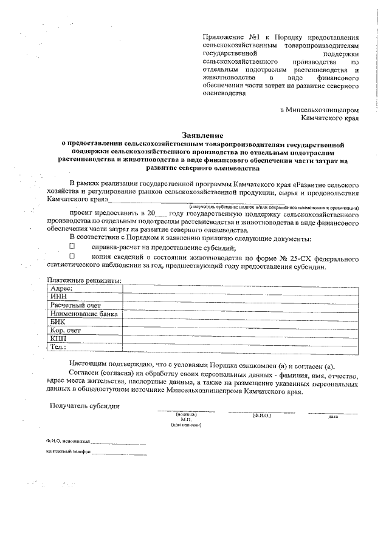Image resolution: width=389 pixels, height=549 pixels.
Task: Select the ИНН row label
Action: click(59, 296)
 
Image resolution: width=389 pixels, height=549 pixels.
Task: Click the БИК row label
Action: click(58, 322)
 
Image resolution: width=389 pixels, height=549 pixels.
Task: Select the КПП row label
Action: click(59, 339)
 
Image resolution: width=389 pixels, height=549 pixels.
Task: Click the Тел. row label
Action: click(58, 348)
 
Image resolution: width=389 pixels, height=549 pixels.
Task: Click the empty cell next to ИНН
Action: click(237, 296)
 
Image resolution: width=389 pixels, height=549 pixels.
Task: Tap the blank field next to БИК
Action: click(237, 322)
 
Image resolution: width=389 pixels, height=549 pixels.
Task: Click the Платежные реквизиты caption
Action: click(84, 280)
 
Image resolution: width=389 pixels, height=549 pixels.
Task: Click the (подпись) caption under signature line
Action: click(186, 414)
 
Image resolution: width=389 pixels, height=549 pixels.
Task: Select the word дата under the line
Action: click(332, 417)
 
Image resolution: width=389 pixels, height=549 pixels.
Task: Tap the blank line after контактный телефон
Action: click(119, 453)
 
